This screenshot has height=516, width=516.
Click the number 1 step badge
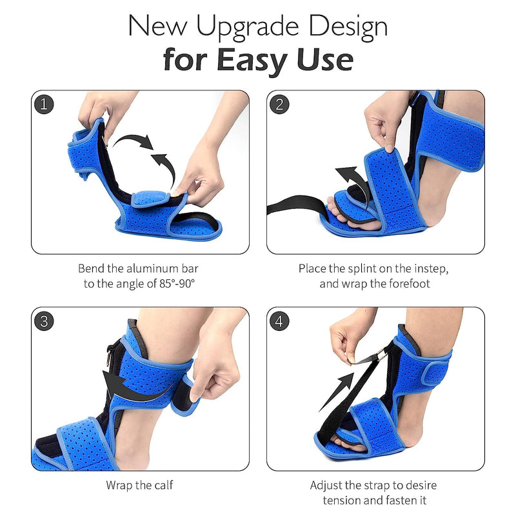[44, 104]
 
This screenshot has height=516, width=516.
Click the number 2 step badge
[279, 104]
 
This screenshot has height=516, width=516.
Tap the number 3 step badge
[44, 321]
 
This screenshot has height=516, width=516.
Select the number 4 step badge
[279, 321]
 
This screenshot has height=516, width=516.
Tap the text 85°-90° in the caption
[177, 284]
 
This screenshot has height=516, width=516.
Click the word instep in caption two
[431, 269]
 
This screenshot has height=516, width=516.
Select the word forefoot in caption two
[410, 284]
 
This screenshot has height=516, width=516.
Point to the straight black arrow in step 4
[336, 392]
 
